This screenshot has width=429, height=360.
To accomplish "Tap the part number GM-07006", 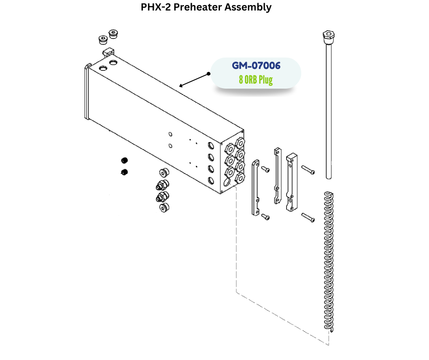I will coord(256,65).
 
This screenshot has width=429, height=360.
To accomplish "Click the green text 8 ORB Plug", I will coord(256,80).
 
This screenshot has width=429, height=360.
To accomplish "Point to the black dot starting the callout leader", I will coord(209,74).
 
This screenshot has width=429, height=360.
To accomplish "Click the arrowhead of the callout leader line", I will coord(181,85).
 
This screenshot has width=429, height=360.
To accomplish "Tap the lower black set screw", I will coord(124,172).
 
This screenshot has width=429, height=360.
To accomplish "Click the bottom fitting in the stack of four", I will coord(163,208).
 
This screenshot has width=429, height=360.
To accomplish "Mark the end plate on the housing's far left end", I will coord(86,91).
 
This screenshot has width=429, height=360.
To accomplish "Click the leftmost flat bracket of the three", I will coord(255,187).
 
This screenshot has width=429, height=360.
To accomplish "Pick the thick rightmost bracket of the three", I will coord(290,183).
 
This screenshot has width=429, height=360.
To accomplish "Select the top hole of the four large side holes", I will coord(210,147).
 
